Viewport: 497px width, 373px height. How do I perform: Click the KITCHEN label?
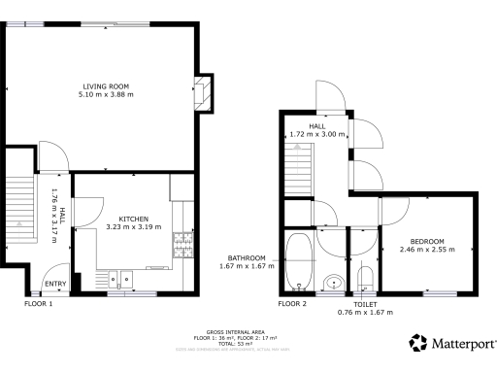(x=134, y=219)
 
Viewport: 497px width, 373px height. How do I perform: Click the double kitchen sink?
(x=120, y=280)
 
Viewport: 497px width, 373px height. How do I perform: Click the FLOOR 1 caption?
(x=39, y=304)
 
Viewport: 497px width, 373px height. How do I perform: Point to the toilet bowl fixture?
(x=365, y=280)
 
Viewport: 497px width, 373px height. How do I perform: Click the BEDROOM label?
(x=427, y=241)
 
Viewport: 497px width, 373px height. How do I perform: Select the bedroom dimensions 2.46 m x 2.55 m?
(x=427, y=250)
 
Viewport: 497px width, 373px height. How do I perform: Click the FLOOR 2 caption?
(x=292, y=304)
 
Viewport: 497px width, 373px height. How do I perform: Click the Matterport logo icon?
(x=418, y=343)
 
